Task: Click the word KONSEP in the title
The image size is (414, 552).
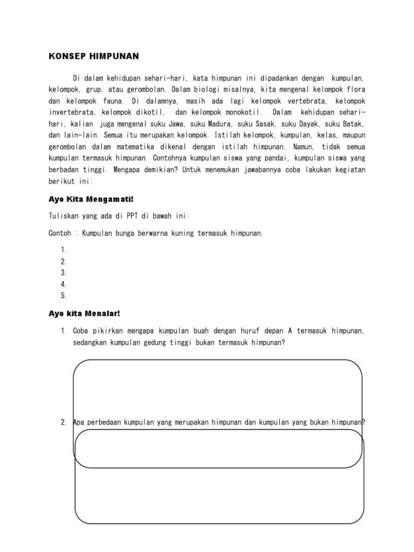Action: (x=64, y=56)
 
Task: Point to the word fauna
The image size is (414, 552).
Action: (x=111, y=101)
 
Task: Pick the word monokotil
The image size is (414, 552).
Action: (x=240, y=113)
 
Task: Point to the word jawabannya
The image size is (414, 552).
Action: (x=277, y=170)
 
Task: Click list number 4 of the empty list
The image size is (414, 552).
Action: (x=64, y=284)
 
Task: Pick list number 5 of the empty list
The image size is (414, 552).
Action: (x=64, y=295)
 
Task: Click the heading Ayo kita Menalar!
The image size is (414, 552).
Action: (x=84, y=313)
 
